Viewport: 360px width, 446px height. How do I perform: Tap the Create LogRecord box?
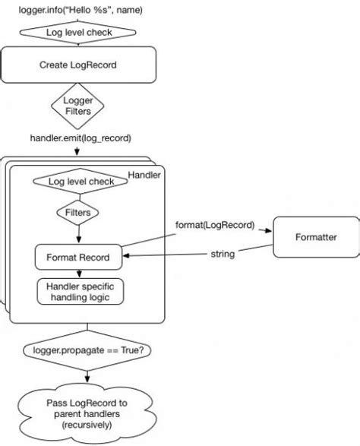79,65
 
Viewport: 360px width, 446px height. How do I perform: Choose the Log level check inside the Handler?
81,182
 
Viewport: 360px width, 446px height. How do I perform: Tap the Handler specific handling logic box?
80,291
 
